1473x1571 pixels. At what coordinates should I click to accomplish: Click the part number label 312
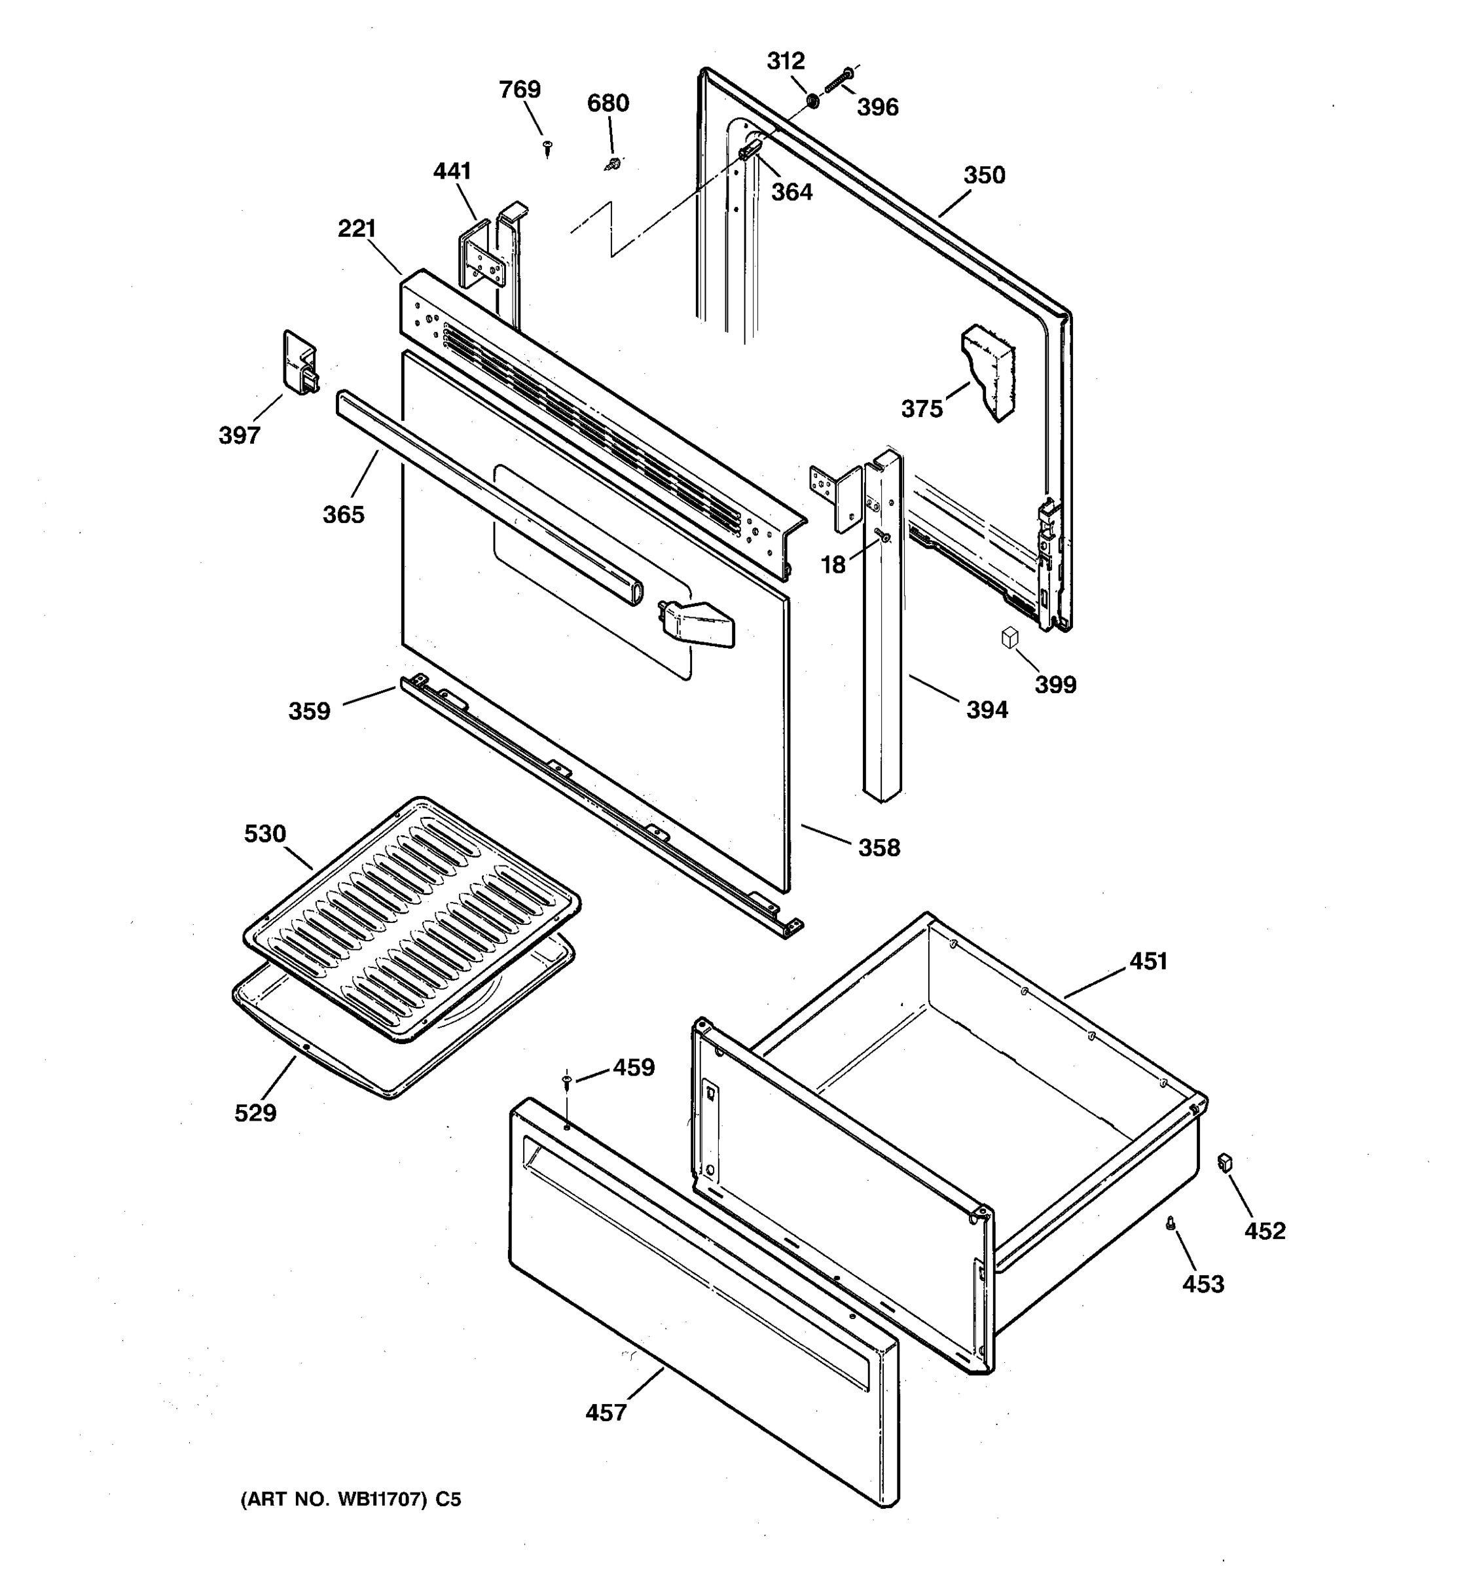[x=786, y=61]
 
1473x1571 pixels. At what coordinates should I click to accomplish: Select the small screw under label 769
[x=547, y=145]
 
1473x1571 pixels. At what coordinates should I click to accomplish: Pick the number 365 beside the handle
[x=343, y=515]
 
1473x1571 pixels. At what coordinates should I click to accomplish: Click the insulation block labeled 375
[x=988, y=371]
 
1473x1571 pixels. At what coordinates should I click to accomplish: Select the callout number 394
[x=987, y=710]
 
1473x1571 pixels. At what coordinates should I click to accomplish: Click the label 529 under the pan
[x=255, y=1113]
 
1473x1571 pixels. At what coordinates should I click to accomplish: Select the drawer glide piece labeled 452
[x=1226, y=1162]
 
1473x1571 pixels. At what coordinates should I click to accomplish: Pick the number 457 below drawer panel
[x=606, y=1412]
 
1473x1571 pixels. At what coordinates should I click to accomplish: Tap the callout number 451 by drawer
[x=1148, y=961]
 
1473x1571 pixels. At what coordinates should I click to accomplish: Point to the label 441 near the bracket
[x=452, y=171]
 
